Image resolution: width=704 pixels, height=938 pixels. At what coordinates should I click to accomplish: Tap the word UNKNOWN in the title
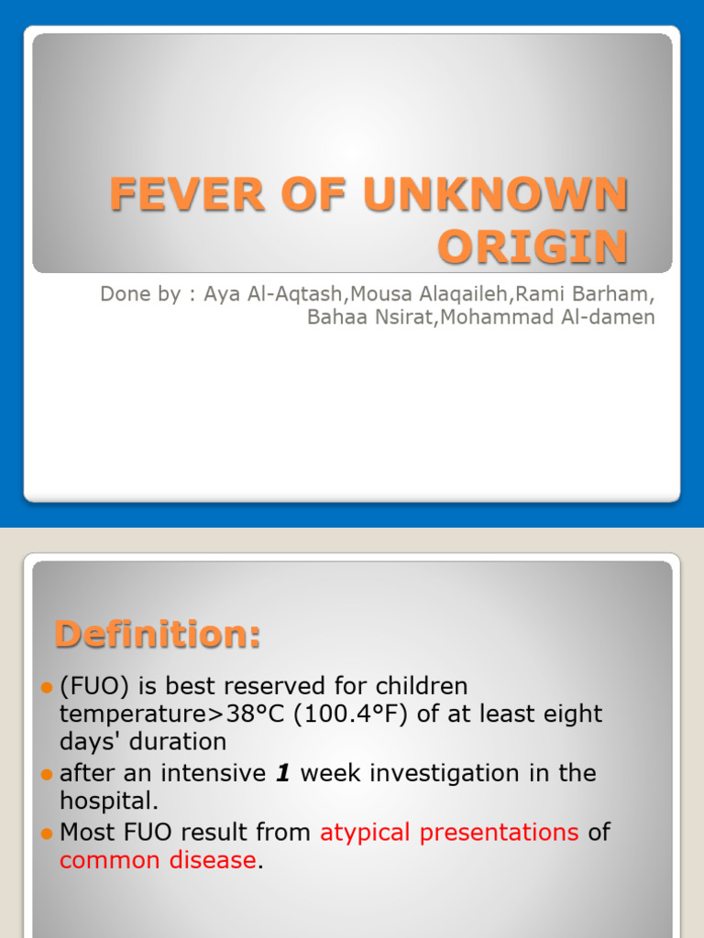tap(496, 194)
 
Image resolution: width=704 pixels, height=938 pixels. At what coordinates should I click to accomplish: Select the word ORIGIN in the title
tap(533, 246)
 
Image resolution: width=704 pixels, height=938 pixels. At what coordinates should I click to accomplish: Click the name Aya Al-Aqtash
tap(271, 296)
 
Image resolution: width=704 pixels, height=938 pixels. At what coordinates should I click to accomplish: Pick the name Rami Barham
tap(588, 296)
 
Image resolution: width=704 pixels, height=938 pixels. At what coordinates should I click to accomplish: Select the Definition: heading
tap(158, 634)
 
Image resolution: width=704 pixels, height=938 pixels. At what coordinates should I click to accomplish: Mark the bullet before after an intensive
tap(48, 775)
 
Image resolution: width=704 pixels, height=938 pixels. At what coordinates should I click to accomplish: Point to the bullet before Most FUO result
tap(48, 834)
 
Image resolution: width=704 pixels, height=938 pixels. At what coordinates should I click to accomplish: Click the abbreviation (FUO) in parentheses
tap(91, 686)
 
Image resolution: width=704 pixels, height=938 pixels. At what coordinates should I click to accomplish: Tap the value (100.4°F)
tap(351, 714)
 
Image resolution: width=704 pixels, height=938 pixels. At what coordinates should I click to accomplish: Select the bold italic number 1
tap(283, 773)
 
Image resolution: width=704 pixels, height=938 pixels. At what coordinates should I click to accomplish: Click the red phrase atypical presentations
tap(449, 833)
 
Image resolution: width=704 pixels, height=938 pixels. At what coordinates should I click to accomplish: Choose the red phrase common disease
tap(158, 860)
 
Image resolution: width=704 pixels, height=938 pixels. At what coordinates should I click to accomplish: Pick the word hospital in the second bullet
tap(106, 801)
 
